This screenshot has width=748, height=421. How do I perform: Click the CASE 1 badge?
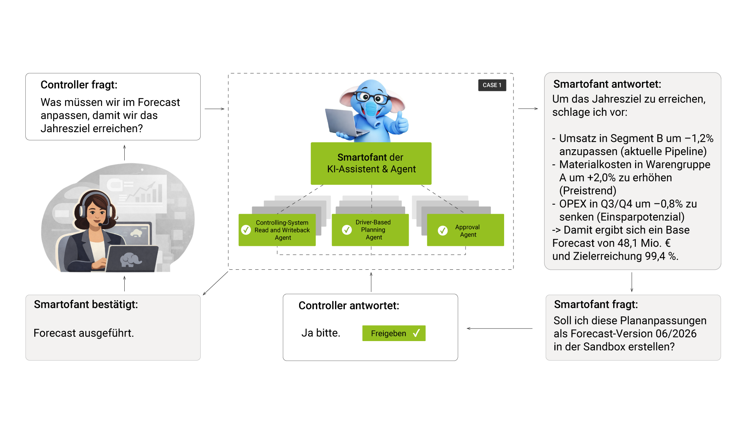point(492,85)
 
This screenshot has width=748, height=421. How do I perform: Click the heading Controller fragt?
point(79,85)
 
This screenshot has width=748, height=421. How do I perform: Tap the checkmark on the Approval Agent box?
point(443,231)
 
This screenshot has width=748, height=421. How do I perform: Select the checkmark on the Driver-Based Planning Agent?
point(347,230)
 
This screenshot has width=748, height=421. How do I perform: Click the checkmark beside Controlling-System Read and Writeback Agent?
point(246,230)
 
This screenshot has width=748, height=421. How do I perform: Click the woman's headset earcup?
point(82,210)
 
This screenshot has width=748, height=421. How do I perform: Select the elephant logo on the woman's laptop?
point(131,259)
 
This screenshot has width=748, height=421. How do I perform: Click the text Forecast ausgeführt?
point(83,333)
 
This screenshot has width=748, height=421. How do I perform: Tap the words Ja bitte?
point(320,333)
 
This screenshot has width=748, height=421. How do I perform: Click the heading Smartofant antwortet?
point(607,84)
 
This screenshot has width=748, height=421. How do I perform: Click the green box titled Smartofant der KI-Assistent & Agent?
point(370,163)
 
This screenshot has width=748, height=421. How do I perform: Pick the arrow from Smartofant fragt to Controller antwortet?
point(500,329)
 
